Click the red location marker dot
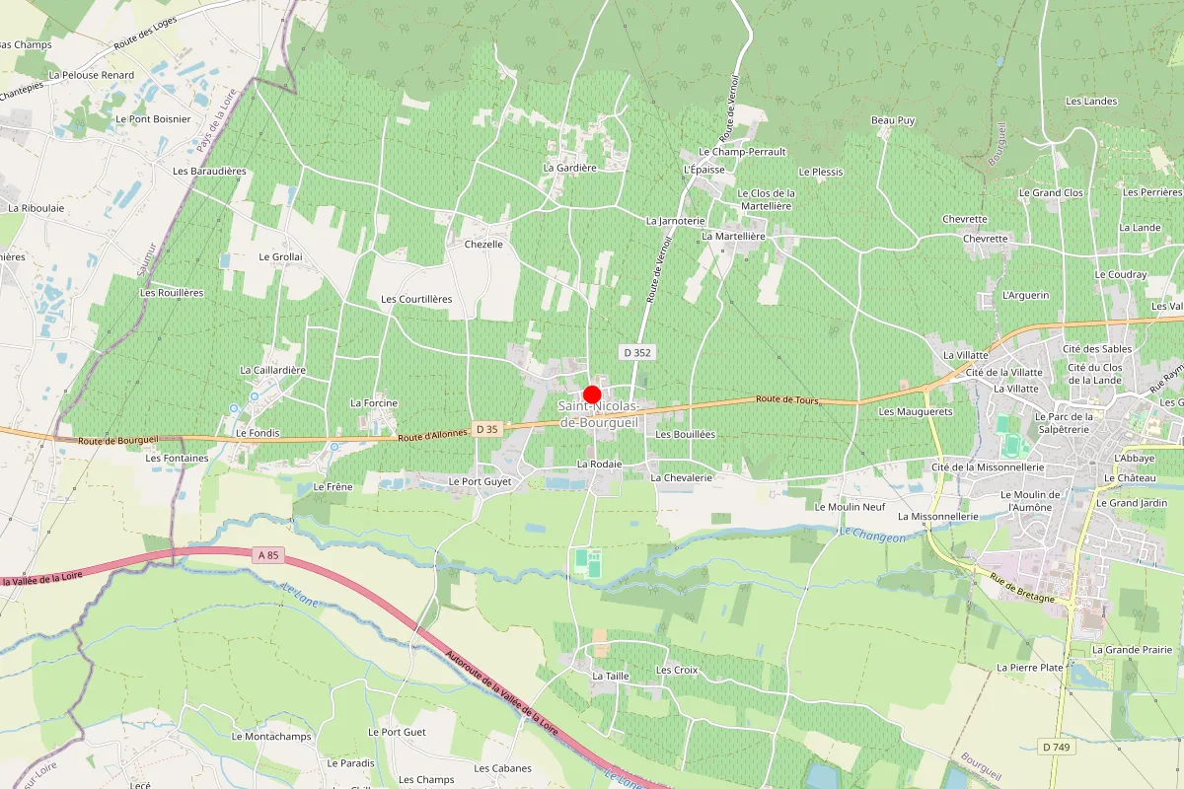592,394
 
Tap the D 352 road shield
637,352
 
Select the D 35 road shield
486,429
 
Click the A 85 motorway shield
267,555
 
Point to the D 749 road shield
1057,747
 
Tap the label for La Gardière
570,168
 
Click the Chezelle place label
483,244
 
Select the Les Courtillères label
416,299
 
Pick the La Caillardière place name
273,370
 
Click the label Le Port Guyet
480,481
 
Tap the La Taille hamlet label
611,677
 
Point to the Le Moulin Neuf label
850,506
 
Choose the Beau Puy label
893,120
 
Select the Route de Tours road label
788,399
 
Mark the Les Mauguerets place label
915,411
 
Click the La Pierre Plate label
1030,668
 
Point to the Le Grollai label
280,256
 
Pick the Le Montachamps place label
271,737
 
